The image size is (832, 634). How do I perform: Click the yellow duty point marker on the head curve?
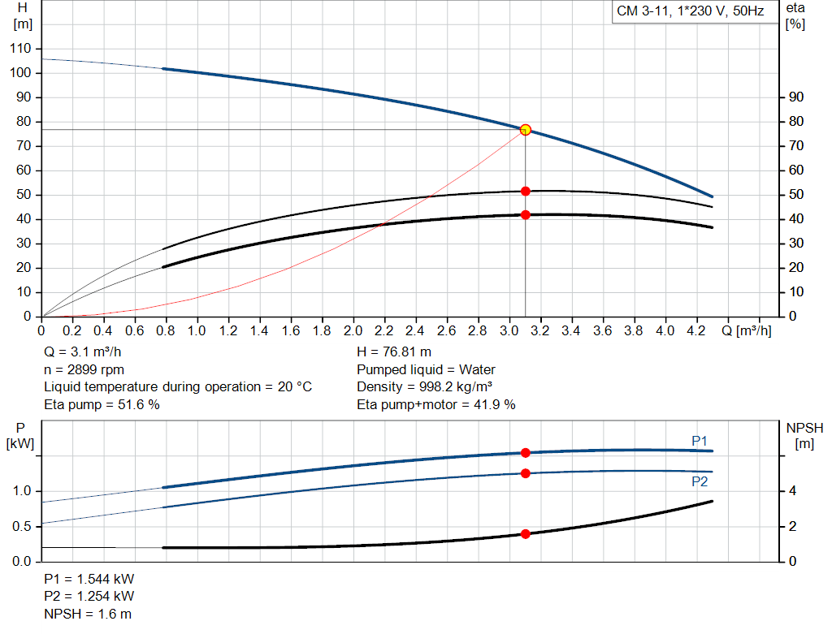pos(525,130)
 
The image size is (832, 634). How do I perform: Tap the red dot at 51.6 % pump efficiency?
pos(525,191)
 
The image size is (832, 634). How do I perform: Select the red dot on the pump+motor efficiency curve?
pos(525,215)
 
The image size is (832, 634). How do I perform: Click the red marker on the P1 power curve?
pos(525,453)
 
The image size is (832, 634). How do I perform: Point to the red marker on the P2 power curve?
pos(525,473)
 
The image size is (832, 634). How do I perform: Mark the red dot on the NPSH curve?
pos(525,534)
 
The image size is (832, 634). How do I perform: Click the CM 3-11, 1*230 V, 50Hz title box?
pos(690,12)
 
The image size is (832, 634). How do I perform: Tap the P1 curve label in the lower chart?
pos(700,440)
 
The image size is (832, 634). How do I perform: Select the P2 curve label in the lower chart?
pos(700,481)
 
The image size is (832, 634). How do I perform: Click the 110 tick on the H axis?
pos(20,49)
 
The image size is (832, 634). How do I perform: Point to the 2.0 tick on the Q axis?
pos(353,331)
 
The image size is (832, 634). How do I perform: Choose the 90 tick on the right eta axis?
pos(796,97)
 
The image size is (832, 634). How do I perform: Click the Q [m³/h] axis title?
pos(747,331)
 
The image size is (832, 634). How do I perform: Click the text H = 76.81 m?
pos(393,352)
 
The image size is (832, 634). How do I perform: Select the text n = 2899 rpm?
pos(82,369)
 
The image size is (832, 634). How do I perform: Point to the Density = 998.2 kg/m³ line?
pos(425,386)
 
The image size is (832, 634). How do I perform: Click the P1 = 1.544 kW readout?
pos(89,580)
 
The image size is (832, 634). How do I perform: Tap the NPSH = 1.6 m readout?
pos(87,614)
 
